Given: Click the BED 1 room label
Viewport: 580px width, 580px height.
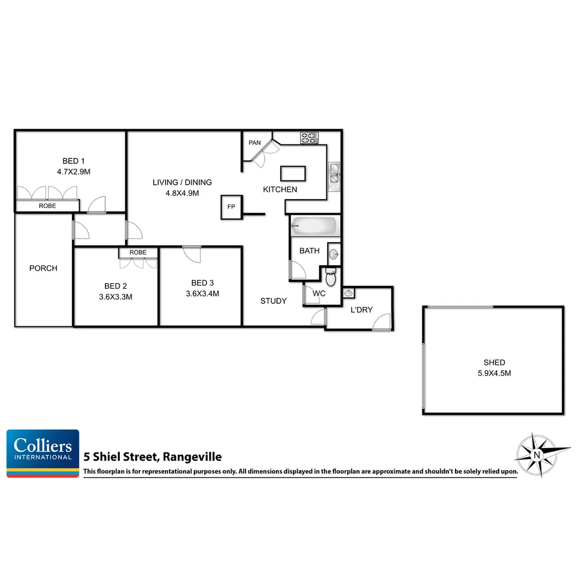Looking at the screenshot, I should [x=74, y=161].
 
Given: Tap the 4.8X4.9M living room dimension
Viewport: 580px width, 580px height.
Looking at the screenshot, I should [x=182, y=193].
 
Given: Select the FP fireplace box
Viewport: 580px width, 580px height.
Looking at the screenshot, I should [x=231, y=207].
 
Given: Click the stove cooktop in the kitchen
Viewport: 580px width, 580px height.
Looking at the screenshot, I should [x=309, y=137].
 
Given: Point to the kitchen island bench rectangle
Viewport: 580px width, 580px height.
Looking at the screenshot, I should [x=293, y=173].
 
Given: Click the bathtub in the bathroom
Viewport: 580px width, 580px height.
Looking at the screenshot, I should [x=314, y=226].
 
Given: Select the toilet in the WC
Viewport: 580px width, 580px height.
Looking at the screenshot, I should [x=331, y=278].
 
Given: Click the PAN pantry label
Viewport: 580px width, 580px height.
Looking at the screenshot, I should [x=255, y=143].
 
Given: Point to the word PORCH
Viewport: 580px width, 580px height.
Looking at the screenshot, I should [x=43, y=268].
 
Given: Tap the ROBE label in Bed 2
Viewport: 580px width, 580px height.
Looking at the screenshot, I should [x=138, y=252].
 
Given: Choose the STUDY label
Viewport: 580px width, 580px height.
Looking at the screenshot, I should [x=273, y=301].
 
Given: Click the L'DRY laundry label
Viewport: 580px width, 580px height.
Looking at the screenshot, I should [x=361, y=310].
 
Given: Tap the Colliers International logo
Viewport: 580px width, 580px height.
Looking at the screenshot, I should [x=43, y=453].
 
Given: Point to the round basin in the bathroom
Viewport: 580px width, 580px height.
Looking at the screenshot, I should [x=334, y=254].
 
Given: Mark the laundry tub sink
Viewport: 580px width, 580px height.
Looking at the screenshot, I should [x=349, y=293].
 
